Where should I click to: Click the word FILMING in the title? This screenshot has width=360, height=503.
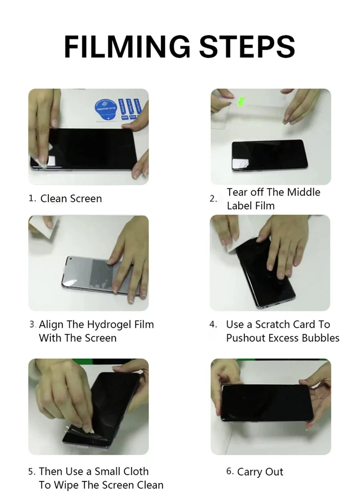(127, 47)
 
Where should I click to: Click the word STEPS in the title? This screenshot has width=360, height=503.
(247, 47)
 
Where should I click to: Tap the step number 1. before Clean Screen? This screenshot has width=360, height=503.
(33, 198)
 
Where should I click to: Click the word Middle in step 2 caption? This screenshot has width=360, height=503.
(304, 192)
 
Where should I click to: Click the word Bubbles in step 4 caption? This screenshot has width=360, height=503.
(320, 338)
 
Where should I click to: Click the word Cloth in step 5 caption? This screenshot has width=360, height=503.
(135, 471)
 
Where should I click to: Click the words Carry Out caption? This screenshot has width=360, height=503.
(260, 472)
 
